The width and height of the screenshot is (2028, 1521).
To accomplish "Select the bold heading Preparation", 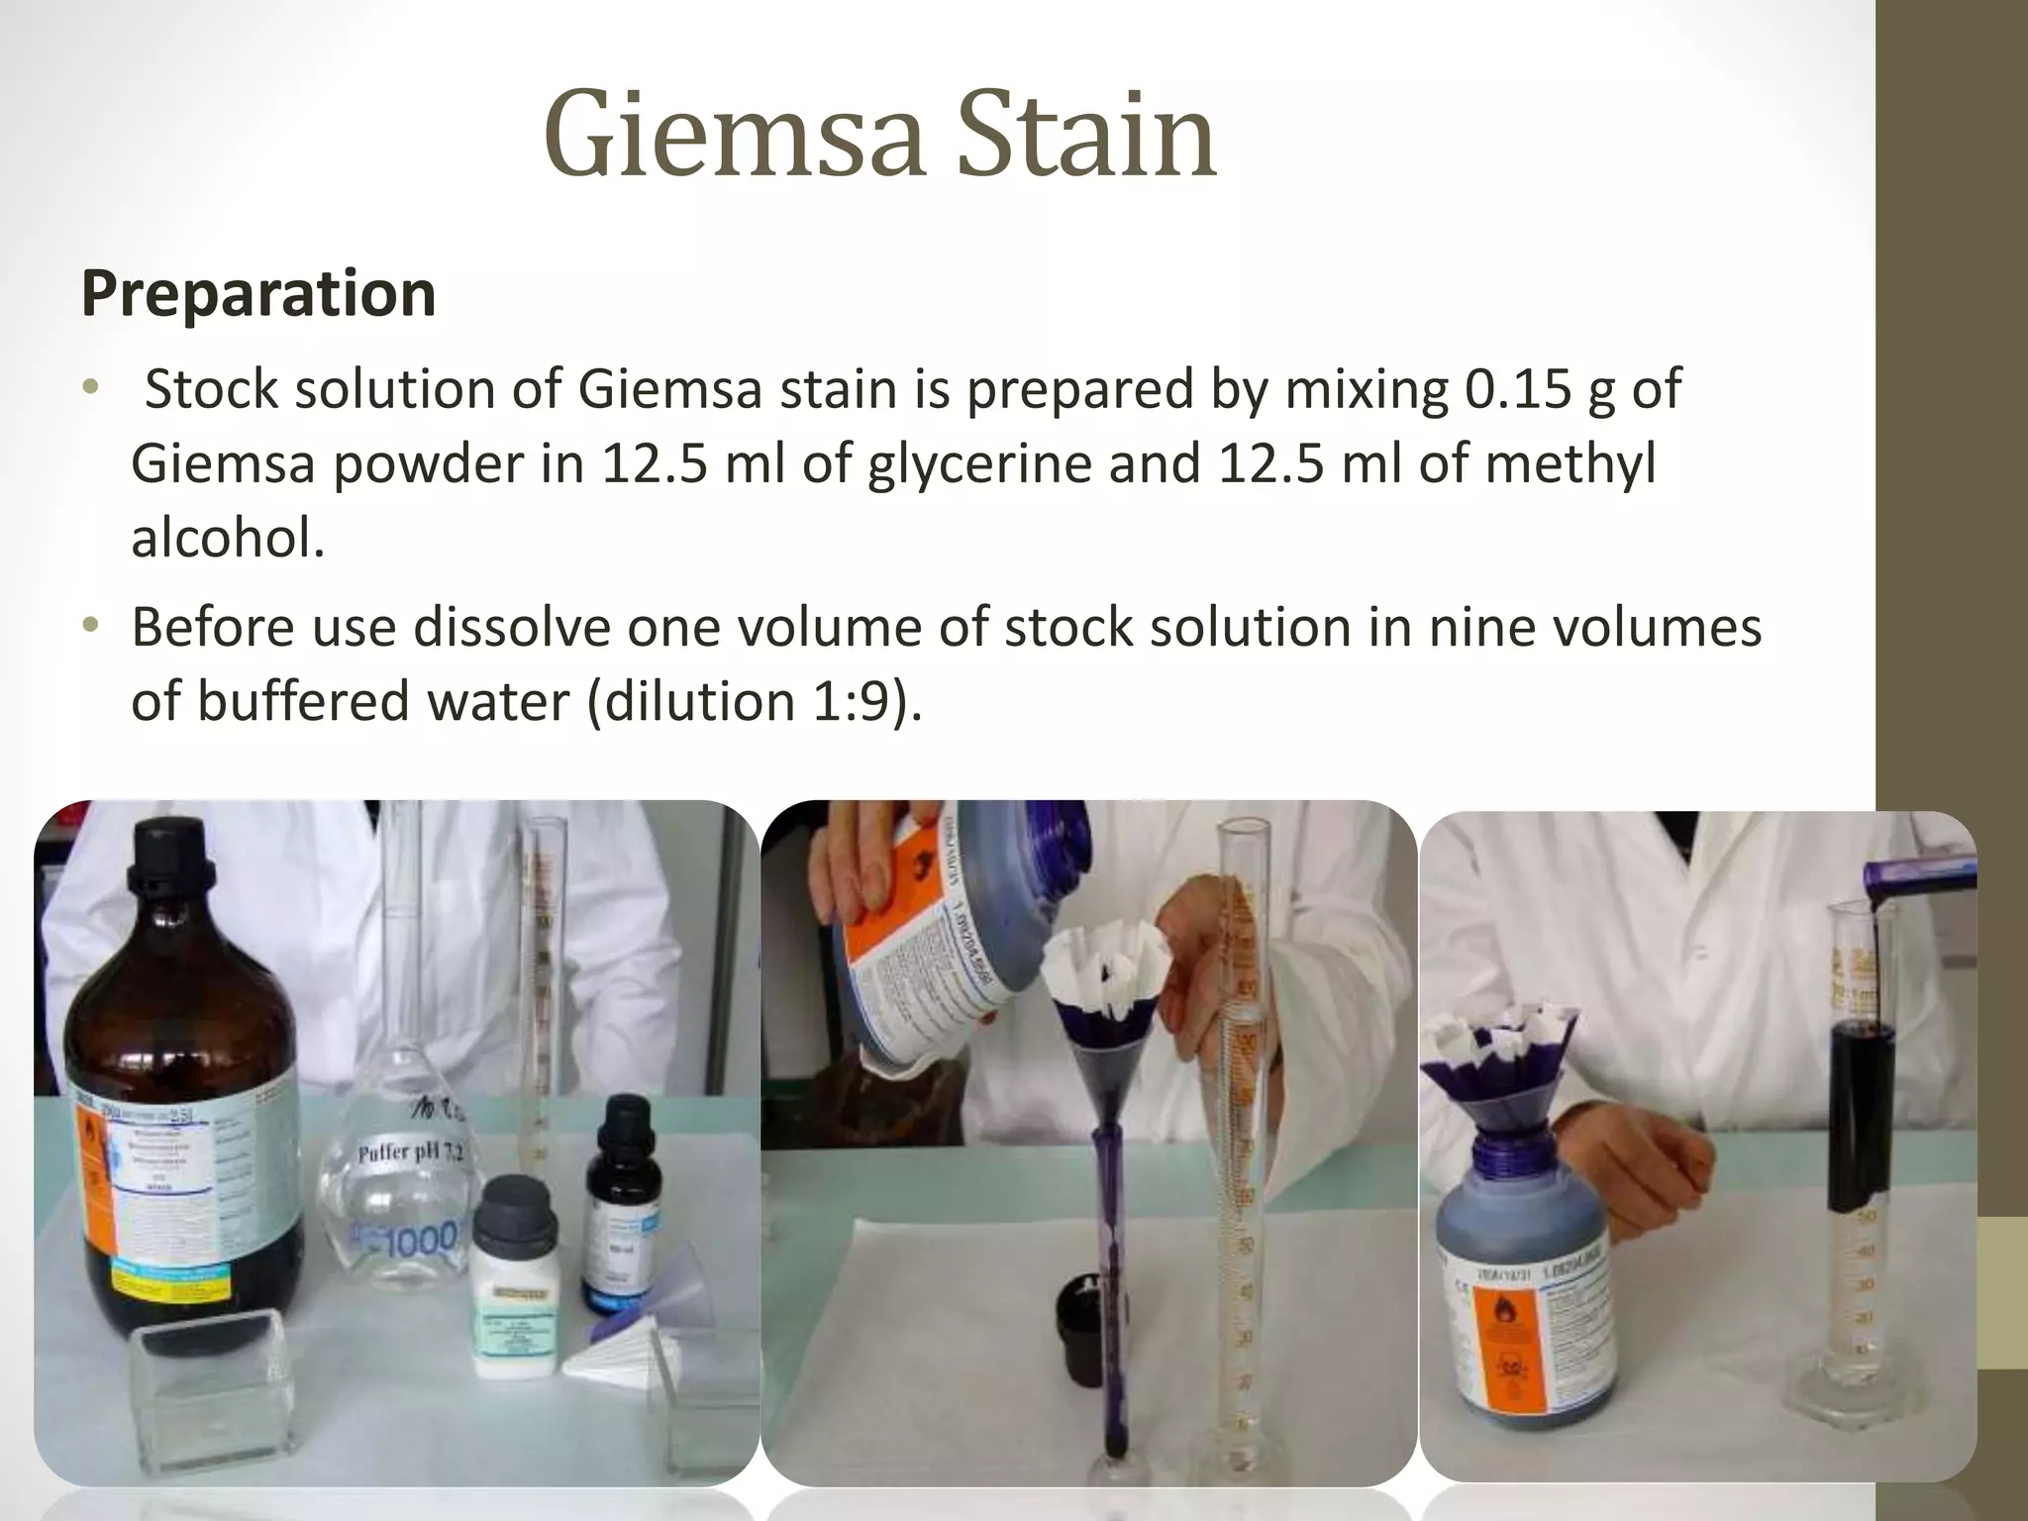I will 258,293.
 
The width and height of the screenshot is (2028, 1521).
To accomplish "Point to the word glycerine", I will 978,463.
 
